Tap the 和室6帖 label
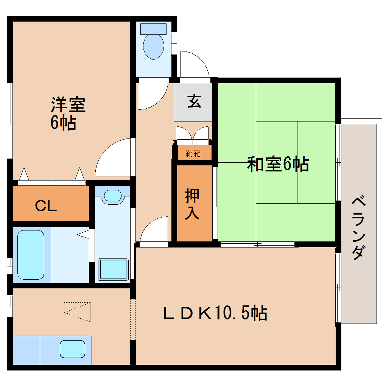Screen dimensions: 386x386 coord(278,164)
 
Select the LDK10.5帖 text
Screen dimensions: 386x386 coord(215,313)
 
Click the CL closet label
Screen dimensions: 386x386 coord(46,206)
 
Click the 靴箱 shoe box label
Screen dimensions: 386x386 coord(193,153)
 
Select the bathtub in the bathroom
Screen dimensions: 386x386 coord(31,255)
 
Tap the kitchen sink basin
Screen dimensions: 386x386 coord(72,348)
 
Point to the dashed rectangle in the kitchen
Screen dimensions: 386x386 coord(77,312)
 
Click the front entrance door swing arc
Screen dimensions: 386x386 coord(194,64)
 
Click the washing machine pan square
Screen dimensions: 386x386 coord(113,269)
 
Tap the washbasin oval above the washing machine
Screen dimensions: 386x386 coord(112,195)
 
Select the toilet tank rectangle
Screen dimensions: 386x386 coord(153,29)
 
